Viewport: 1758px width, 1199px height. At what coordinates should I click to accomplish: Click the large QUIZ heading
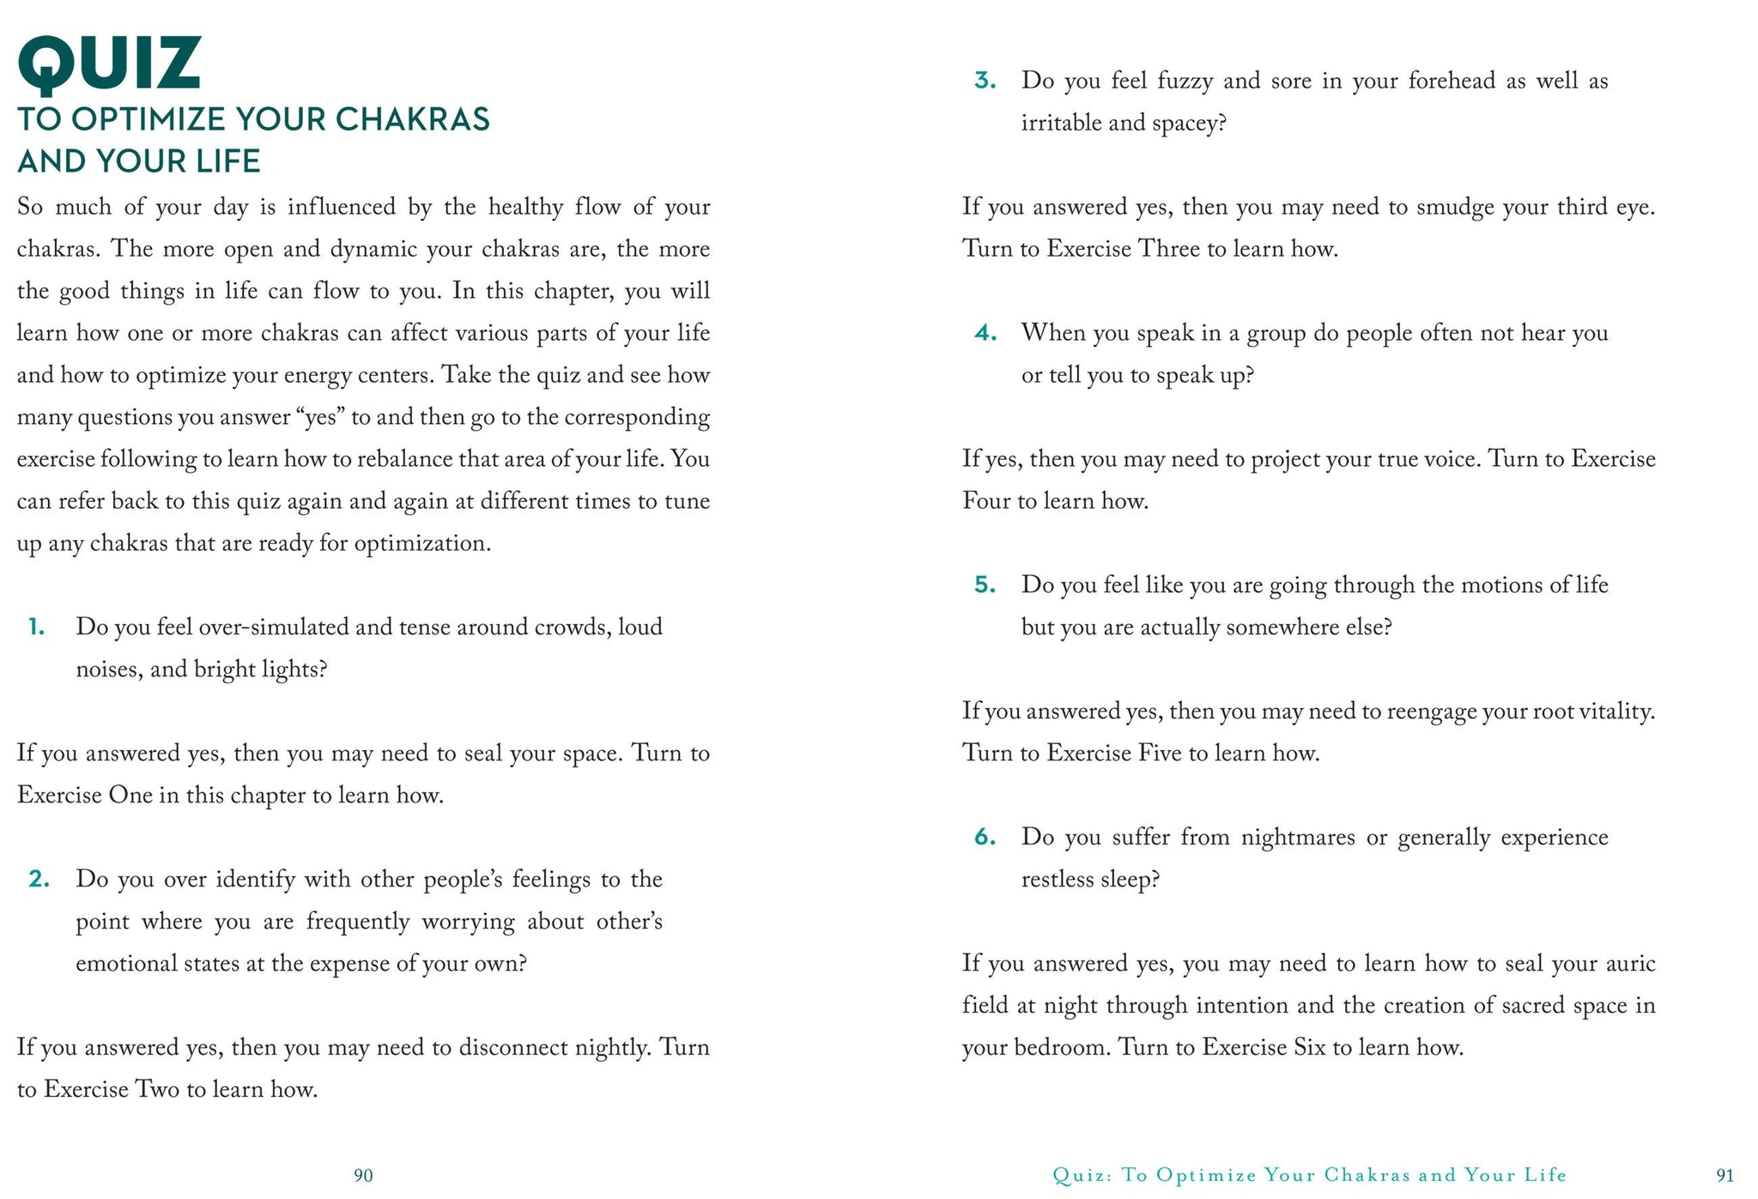pyautogui.click(x=109, y=64)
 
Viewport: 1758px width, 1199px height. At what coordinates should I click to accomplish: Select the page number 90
pyautogui.click(x=363, y=1175)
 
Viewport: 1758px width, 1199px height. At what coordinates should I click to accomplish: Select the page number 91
pyautogui.click(x=1725, y=1175)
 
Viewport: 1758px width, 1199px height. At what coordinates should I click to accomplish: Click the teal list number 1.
pyautogui.click(x=36, y=627)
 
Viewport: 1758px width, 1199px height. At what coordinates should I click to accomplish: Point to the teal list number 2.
pyautogui.click(x=39, y=880)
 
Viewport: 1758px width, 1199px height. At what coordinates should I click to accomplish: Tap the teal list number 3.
pyautogui.click(x=985, y=82)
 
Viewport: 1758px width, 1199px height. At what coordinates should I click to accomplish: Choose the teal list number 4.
pyautogui.click(x=985, y=333)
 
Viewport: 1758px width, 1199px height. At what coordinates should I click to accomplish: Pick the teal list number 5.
pyautogui.click(x=985, y=585)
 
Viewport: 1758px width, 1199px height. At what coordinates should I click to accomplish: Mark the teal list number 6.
pyautogui.click(x=985, y=837)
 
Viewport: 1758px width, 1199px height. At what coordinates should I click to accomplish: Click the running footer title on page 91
pyautogui.click(x=1310, y=1175)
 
